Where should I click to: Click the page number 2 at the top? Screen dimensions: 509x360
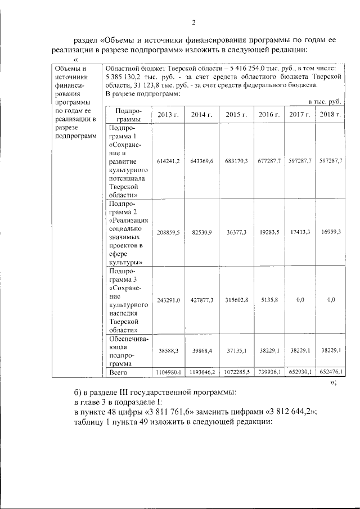pos(193,22)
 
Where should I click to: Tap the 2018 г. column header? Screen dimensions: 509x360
pos(330,114)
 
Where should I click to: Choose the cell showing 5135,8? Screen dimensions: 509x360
pos(269,300)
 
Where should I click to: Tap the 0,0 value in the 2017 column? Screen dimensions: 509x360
pos(300,300)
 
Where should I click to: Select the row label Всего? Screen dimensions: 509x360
pos(119,372)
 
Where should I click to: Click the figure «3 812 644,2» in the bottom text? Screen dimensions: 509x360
pos(287,411)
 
